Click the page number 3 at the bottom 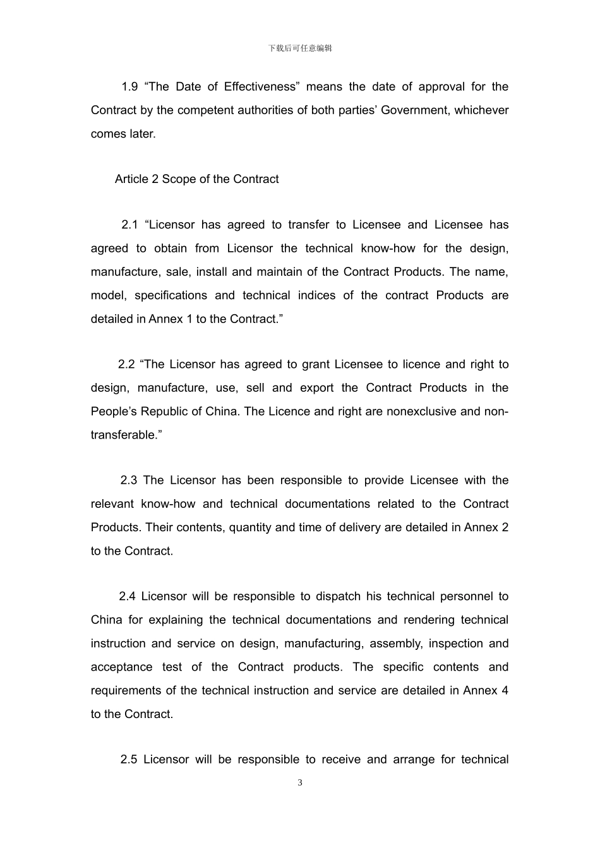click(300, 783)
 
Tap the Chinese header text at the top click(300, 48)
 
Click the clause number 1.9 click(129, 86)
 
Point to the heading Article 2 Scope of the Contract click(196, 179)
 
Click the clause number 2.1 click(129, 225)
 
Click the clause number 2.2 click(126, 364)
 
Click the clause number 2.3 click(129, 480)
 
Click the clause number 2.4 click(127, 596)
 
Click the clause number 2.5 click(129, 760)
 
